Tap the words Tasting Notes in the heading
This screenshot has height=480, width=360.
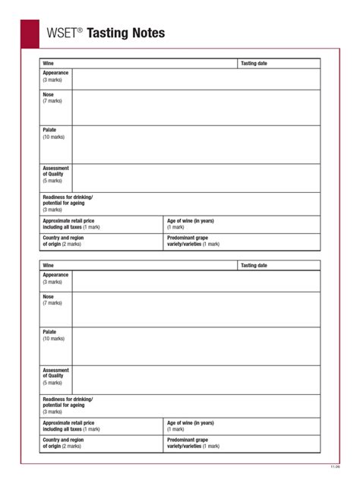point(125,33)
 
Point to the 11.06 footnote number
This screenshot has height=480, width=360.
point(335,466)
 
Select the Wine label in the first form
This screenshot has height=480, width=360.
point(48,63)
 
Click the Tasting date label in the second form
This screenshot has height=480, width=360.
point(254,265)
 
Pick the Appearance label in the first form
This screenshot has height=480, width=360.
point(55,73)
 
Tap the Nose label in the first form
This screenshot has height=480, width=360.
point(49,95)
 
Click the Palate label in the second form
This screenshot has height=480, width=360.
point(49,332)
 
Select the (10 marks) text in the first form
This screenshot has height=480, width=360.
point(54,137)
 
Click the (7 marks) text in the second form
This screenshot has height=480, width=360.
point(52,303)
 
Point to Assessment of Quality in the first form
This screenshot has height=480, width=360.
point(55,172)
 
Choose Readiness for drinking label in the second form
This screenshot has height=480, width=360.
point(68,399)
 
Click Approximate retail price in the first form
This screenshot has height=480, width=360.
point(68,221)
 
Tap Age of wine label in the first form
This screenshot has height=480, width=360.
point(191,221)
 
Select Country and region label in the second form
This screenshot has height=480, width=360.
point(63,440)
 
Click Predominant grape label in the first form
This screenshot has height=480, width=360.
point(188,238)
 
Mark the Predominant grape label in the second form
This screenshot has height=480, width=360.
point(188,440)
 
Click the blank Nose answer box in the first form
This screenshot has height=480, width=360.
point(195,107)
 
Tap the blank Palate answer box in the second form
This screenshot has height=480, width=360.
point(195,346)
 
